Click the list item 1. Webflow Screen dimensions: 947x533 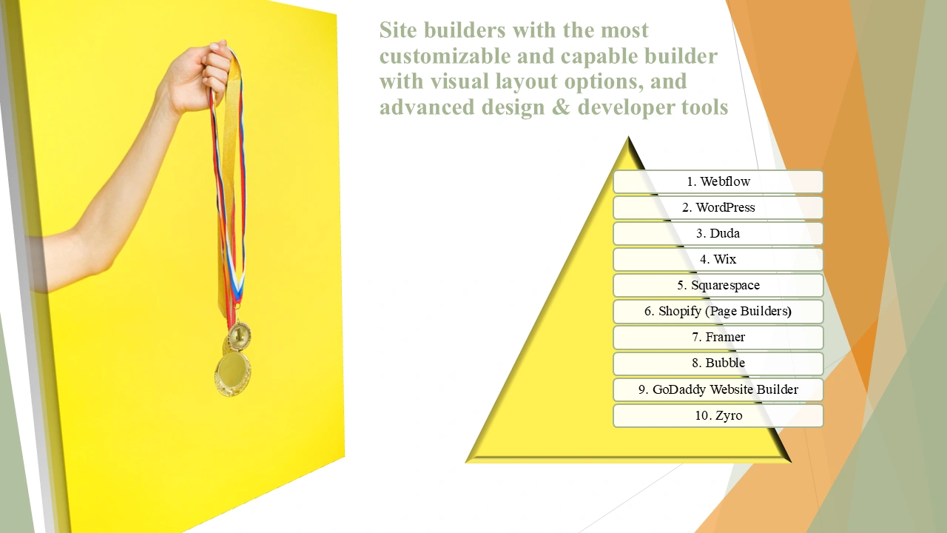tap(718, 181)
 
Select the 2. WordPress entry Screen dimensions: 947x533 tap(718, 207)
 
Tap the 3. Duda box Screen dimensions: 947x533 tap(718, 233)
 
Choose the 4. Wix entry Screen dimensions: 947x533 tap(718, 259)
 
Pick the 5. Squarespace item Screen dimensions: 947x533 tap(718, 285)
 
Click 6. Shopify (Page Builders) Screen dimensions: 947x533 tap(718, 312)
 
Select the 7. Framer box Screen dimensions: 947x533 tap(718, 337)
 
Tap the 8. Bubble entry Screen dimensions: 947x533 tap(718, 363)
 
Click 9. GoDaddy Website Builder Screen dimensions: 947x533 tap(718, 389)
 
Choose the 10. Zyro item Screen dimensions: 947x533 tap(718, 415)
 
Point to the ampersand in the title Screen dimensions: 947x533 tap(561, 107)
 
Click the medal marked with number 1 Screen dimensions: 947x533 tap(239, 336)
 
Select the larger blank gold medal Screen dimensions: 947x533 tap(233, 374)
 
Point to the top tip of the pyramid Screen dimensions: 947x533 tap(628, 137)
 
